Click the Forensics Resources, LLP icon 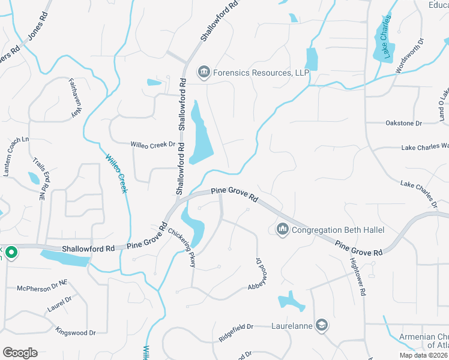pos(203,73)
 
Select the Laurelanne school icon pos(322,325)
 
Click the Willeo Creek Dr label pos(152,144)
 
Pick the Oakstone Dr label pos(402,123)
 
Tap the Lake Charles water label pos(387,41)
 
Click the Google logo pos(20,352)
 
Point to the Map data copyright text pos(424,355)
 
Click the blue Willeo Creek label pos(116,174)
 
